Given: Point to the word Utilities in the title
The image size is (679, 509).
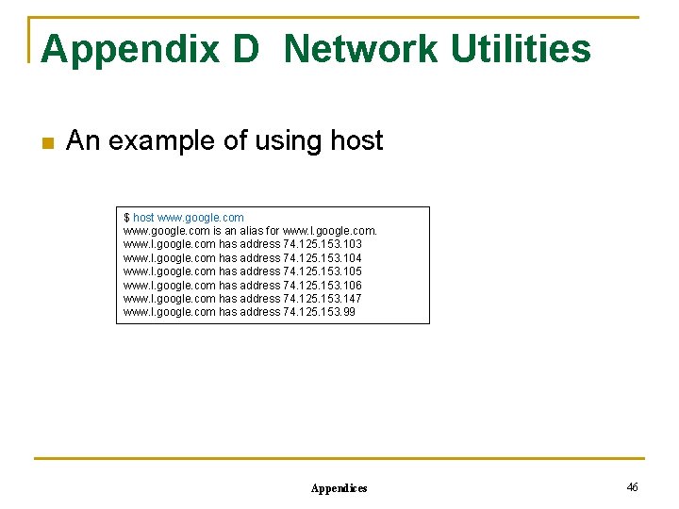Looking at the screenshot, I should pos(521,50).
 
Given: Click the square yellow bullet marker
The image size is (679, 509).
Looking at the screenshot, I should pos(47,143).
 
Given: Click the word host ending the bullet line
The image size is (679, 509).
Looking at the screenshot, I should pos(356,141).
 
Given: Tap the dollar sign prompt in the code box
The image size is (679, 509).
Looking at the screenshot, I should pos(126,218).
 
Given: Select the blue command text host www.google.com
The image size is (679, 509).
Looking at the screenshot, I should pos(189,218).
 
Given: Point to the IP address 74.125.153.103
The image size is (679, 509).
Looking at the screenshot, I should pos(323,244).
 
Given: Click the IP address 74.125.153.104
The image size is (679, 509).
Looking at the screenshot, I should pos(323,258).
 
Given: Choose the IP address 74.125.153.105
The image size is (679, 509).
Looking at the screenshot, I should pos(323,271).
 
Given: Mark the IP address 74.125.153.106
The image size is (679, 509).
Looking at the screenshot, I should pos(323,286).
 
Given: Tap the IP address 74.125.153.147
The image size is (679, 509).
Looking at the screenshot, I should pos(323,299).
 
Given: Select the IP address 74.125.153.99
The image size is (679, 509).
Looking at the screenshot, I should pos(320,312).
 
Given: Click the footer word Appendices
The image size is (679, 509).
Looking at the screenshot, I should pos(339,488).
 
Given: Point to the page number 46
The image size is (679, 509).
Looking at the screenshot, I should pos(632,486).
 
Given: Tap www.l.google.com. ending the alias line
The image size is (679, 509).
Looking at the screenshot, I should pos(330,231).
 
